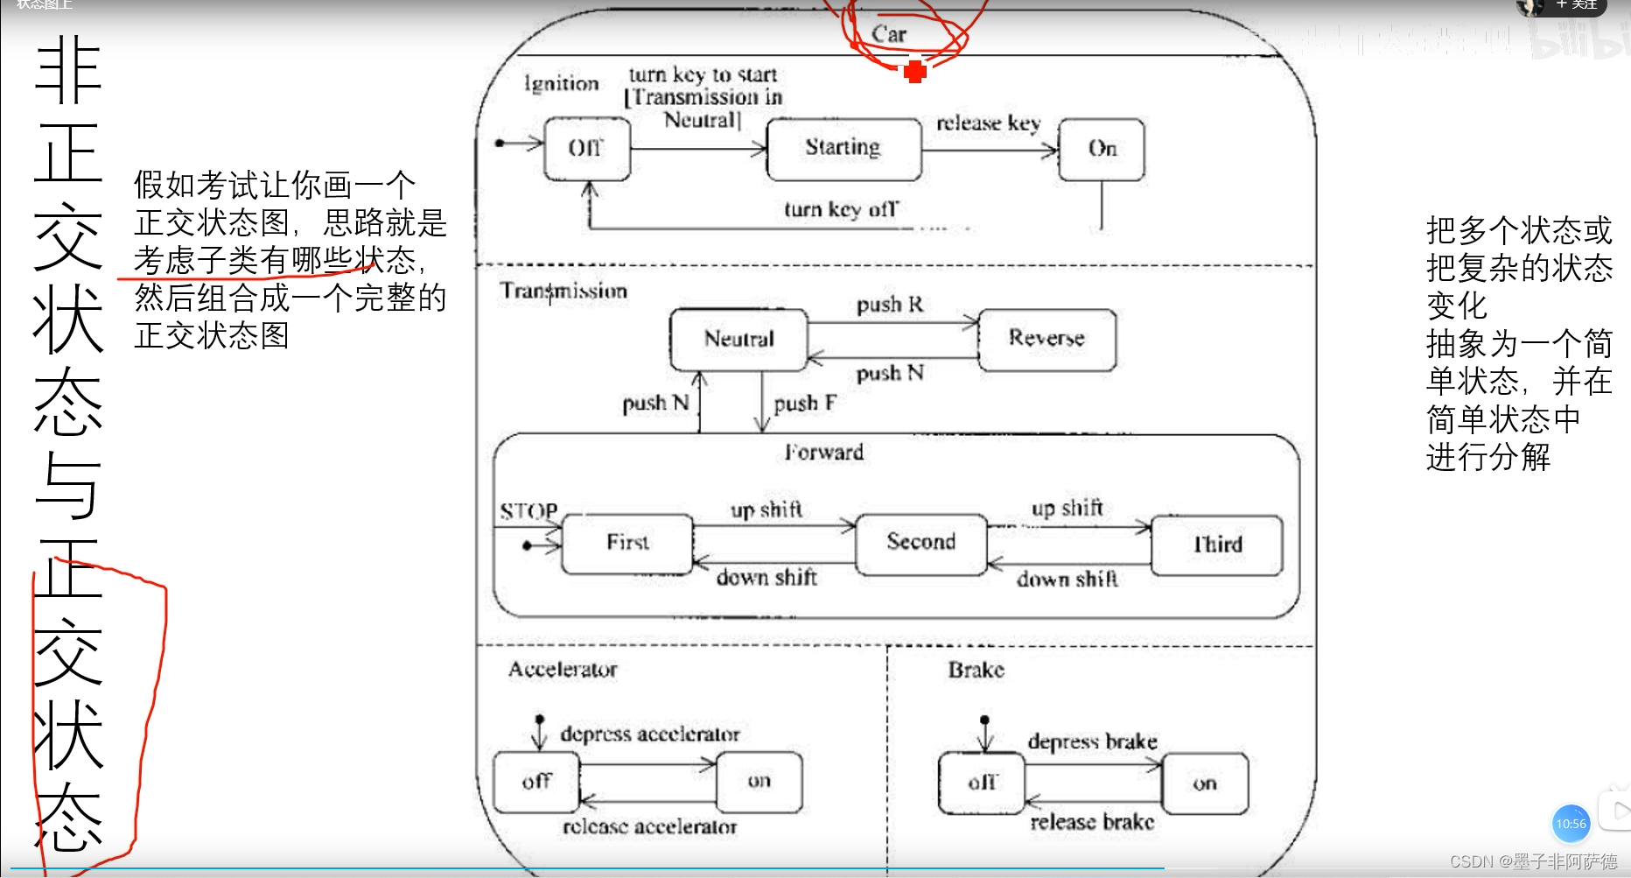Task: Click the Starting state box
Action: pyautogui.click(x=843, y=149)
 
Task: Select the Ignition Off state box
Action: pyautogui.click(x=586, y=149)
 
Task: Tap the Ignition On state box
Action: pyautogui.click(x=1101, y=149)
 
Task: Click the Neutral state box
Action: pyautogui.click(x=738, y=339)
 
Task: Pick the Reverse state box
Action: pyautogui.click(x=1046, y=339)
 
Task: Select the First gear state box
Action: pyautogui.click(x=627, y=544)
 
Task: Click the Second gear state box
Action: pyautogui.click(x=920, y=543)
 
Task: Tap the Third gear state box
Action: pyautogui.click(x=1217, y=545)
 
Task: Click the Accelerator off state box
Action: pyautogui.click(x=536, y=782)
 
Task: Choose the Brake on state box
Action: pyautogui.click(x=1205, y=784)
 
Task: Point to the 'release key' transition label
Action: pyautogui.click(x=988, y=123)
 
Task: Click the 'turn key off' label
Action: pyautogui.click(x=840, y=209)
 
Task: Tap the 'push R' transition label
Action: pyautogui.click(x=890, y=305)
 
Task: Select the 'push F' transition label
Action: pyautogui.click(x=805, y=404)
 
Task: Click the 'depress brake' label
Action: pyautogui.click(x=1092, y=742)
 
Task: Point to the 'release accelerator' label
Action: pyautogui.click(x=649, y=827)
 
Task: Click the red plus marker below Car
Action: pyautogui.click(x=915, y=71)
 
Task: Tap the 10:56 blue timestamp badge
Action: pyautogui.click(x=1571, y=824)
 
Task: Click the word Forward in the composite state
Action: pyautogui.click(x=823, y=453)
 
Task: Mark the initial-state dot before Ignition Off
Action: pyautogui.click(x=500, y=143)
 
